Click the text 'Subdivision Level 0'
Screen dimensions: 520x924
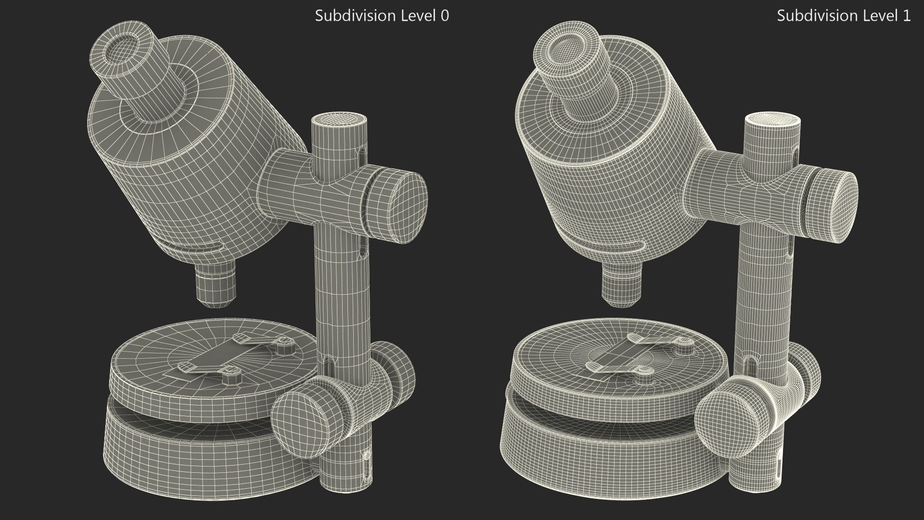pos(382,16)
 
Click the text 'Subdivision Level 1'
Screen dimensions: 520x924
pos(844,16)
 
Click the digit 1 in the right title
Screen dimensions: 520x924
pos(907,16)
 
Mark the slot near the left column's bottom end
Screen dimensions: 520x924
pos(368,465)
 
